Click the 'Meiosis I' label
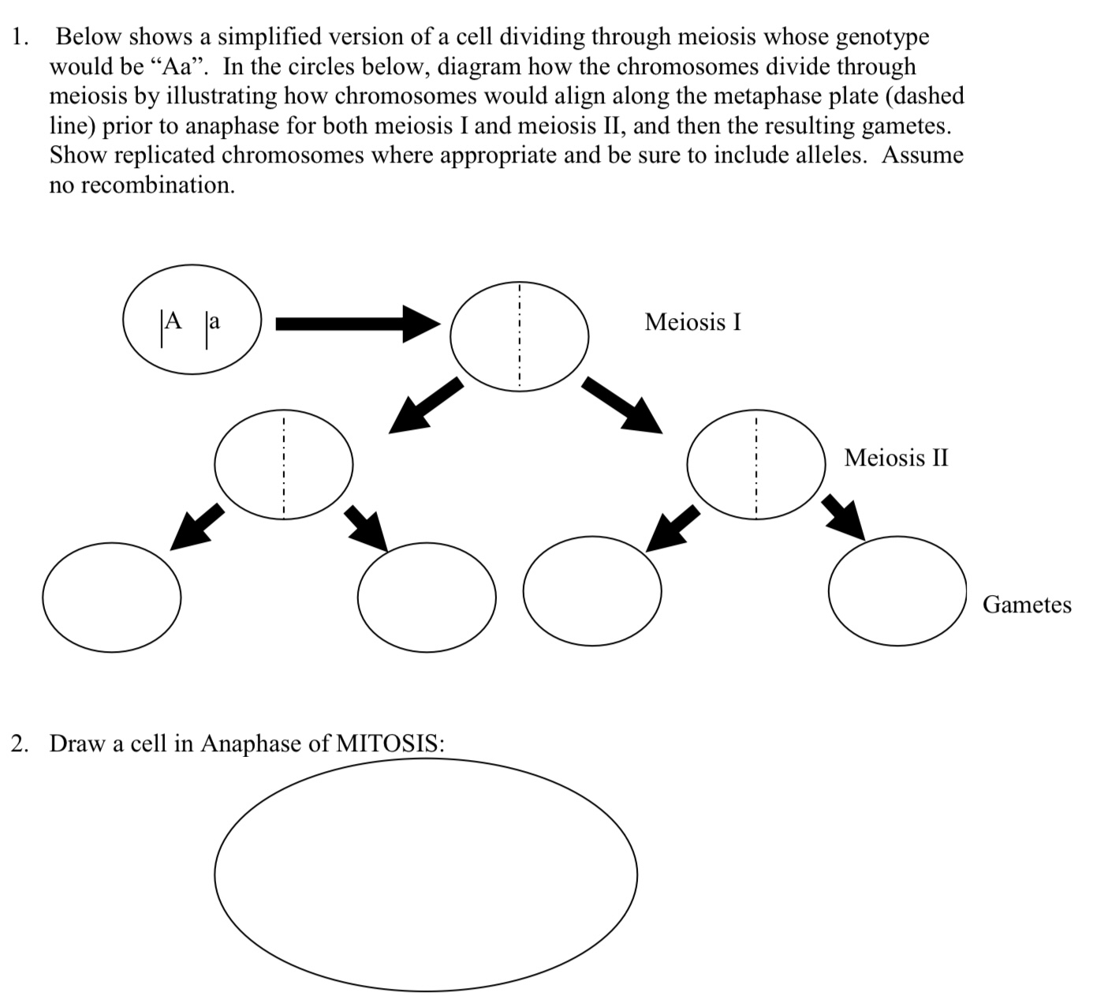[x=692, y=322]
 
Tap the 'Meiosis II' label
[x=896, y=458]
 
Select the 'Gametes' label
[x=1027, y=605]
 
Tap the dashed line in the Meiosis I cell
[x=519, y=335]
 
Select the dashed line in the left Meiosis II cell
[x=283, y=465]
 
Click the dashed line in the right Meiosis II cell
[x=756, y=465]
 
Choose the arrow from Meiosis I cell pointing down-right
[x=623, y=404]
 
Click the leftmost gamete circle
[x=111, y=596]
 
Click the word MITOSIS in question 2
[x=390, y=743]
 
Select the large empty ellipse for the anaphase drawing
[x=426, y=874]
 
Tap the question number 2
[x=20, y=743]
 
